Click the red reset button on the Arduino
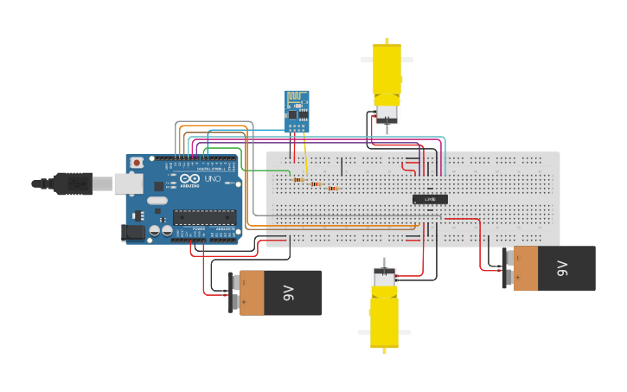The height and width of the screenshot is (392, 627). coord(136,163)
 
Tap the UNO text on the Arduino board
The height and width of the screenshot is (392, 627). coord(212,177)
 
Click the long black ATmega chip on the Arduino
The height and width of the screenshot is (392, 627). coord(203,217)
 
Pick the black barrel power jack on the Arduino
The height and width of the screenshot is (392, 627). coord(134,231)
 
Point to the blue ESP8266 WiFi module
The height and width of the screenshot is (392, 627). coord(297,111)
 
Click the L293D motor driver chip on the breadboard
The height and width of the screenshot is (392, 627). coord(430,199)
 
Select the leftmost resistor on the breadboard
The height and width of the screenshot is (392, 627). coord(298,180)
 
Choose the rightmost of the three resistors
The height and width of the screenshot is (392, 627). coord(331,188)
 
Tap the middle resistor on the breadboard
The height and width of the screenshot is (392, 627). coord(316,184)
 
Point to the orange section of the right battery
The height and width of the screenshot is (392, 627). coord(526,268)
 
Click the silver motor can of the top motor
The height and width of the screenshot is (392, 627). coord(386,112)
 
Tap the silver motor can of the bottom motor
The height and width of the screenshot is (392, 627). coord(384,277)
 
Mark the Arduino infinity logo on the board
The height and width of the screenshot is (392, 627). coord(190,178)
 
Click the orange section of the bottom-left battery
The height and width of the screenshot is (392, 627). coord(252,292)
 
